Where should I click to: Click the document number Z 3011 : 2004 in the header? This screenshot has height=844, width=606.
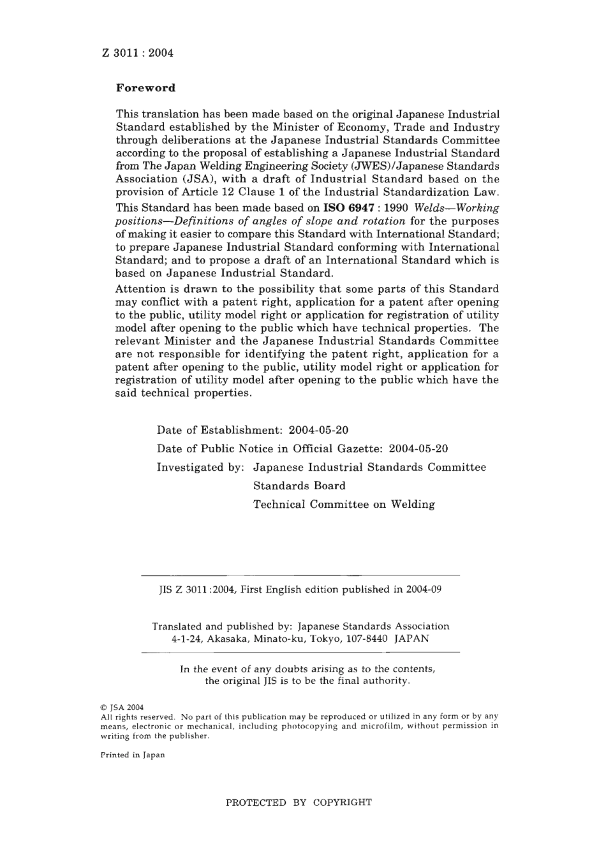click(137, 53)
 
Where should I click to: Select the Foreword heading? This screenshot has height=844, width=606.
click(145, 88)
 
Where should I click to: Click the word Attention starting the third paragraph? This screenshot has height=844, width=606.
click(142, 289)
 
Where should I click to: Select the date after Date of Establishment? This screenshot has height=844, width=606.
click(318, 430)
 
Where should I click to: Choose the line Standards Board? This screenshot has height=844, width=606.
click(299, 485)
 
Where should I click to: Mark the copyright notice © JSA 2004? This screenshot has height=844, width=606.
click(122, 707)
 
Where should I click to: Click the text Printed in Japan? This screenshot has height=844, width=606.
click(133, 755)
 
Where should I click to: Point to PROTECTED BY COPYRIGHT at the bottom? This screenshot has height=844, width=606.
click(299, 803)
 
